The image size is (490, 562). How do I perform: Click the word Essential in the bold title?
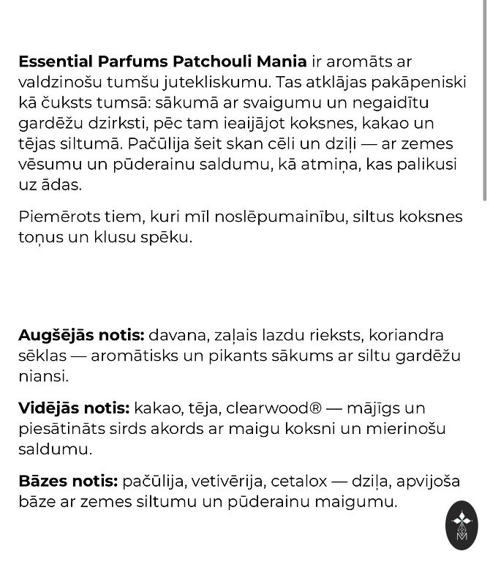point(57,61)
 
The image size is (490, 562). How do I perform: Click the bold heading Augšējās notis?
point(81,335)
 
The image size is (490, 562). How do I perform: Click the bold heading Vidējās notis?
point(74,408)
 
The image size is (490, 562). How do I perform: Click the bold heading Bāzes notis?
point(68,481)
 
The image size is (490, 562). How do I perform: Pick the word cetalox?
point(299,481)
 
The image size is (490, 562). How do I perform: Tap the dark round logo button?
point(461,525)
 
